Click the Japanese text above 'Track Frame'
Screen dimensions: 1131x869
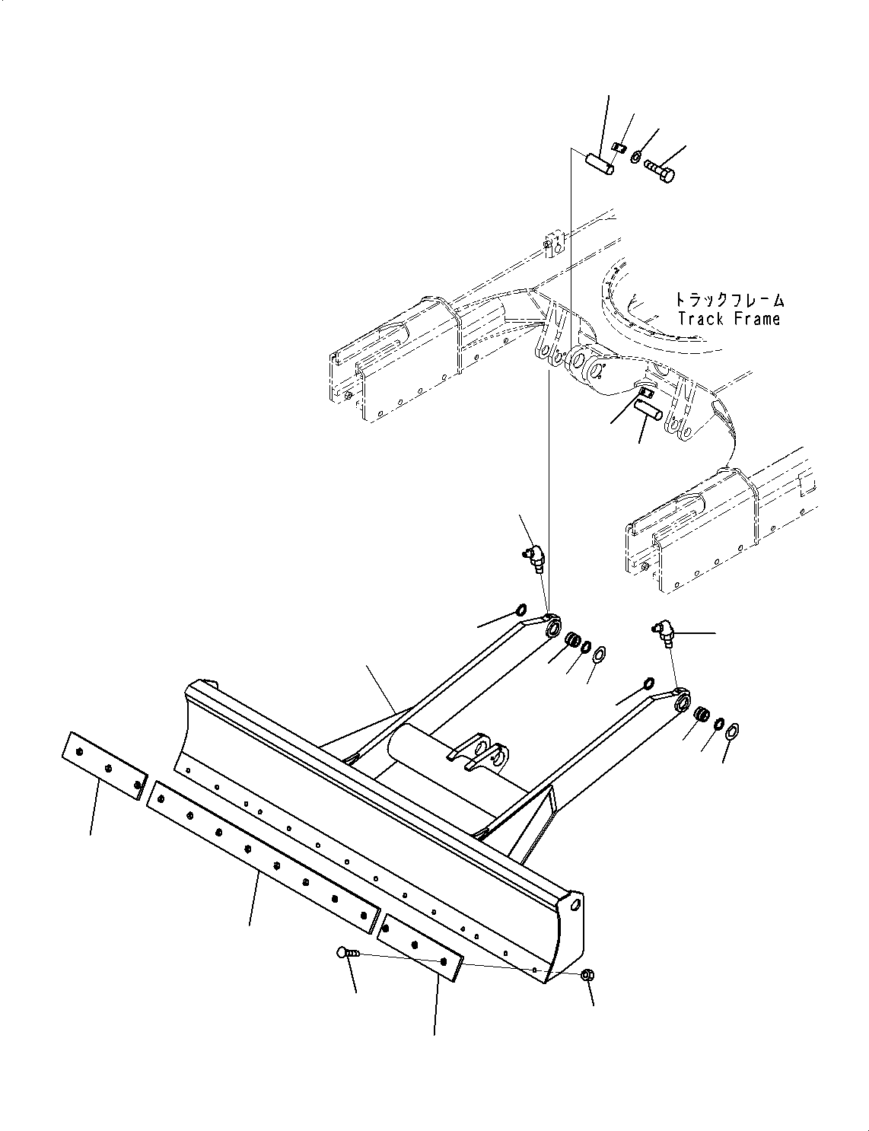coord(728,301)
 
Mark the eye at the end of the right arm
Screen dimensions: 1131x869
coord(683,700)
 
